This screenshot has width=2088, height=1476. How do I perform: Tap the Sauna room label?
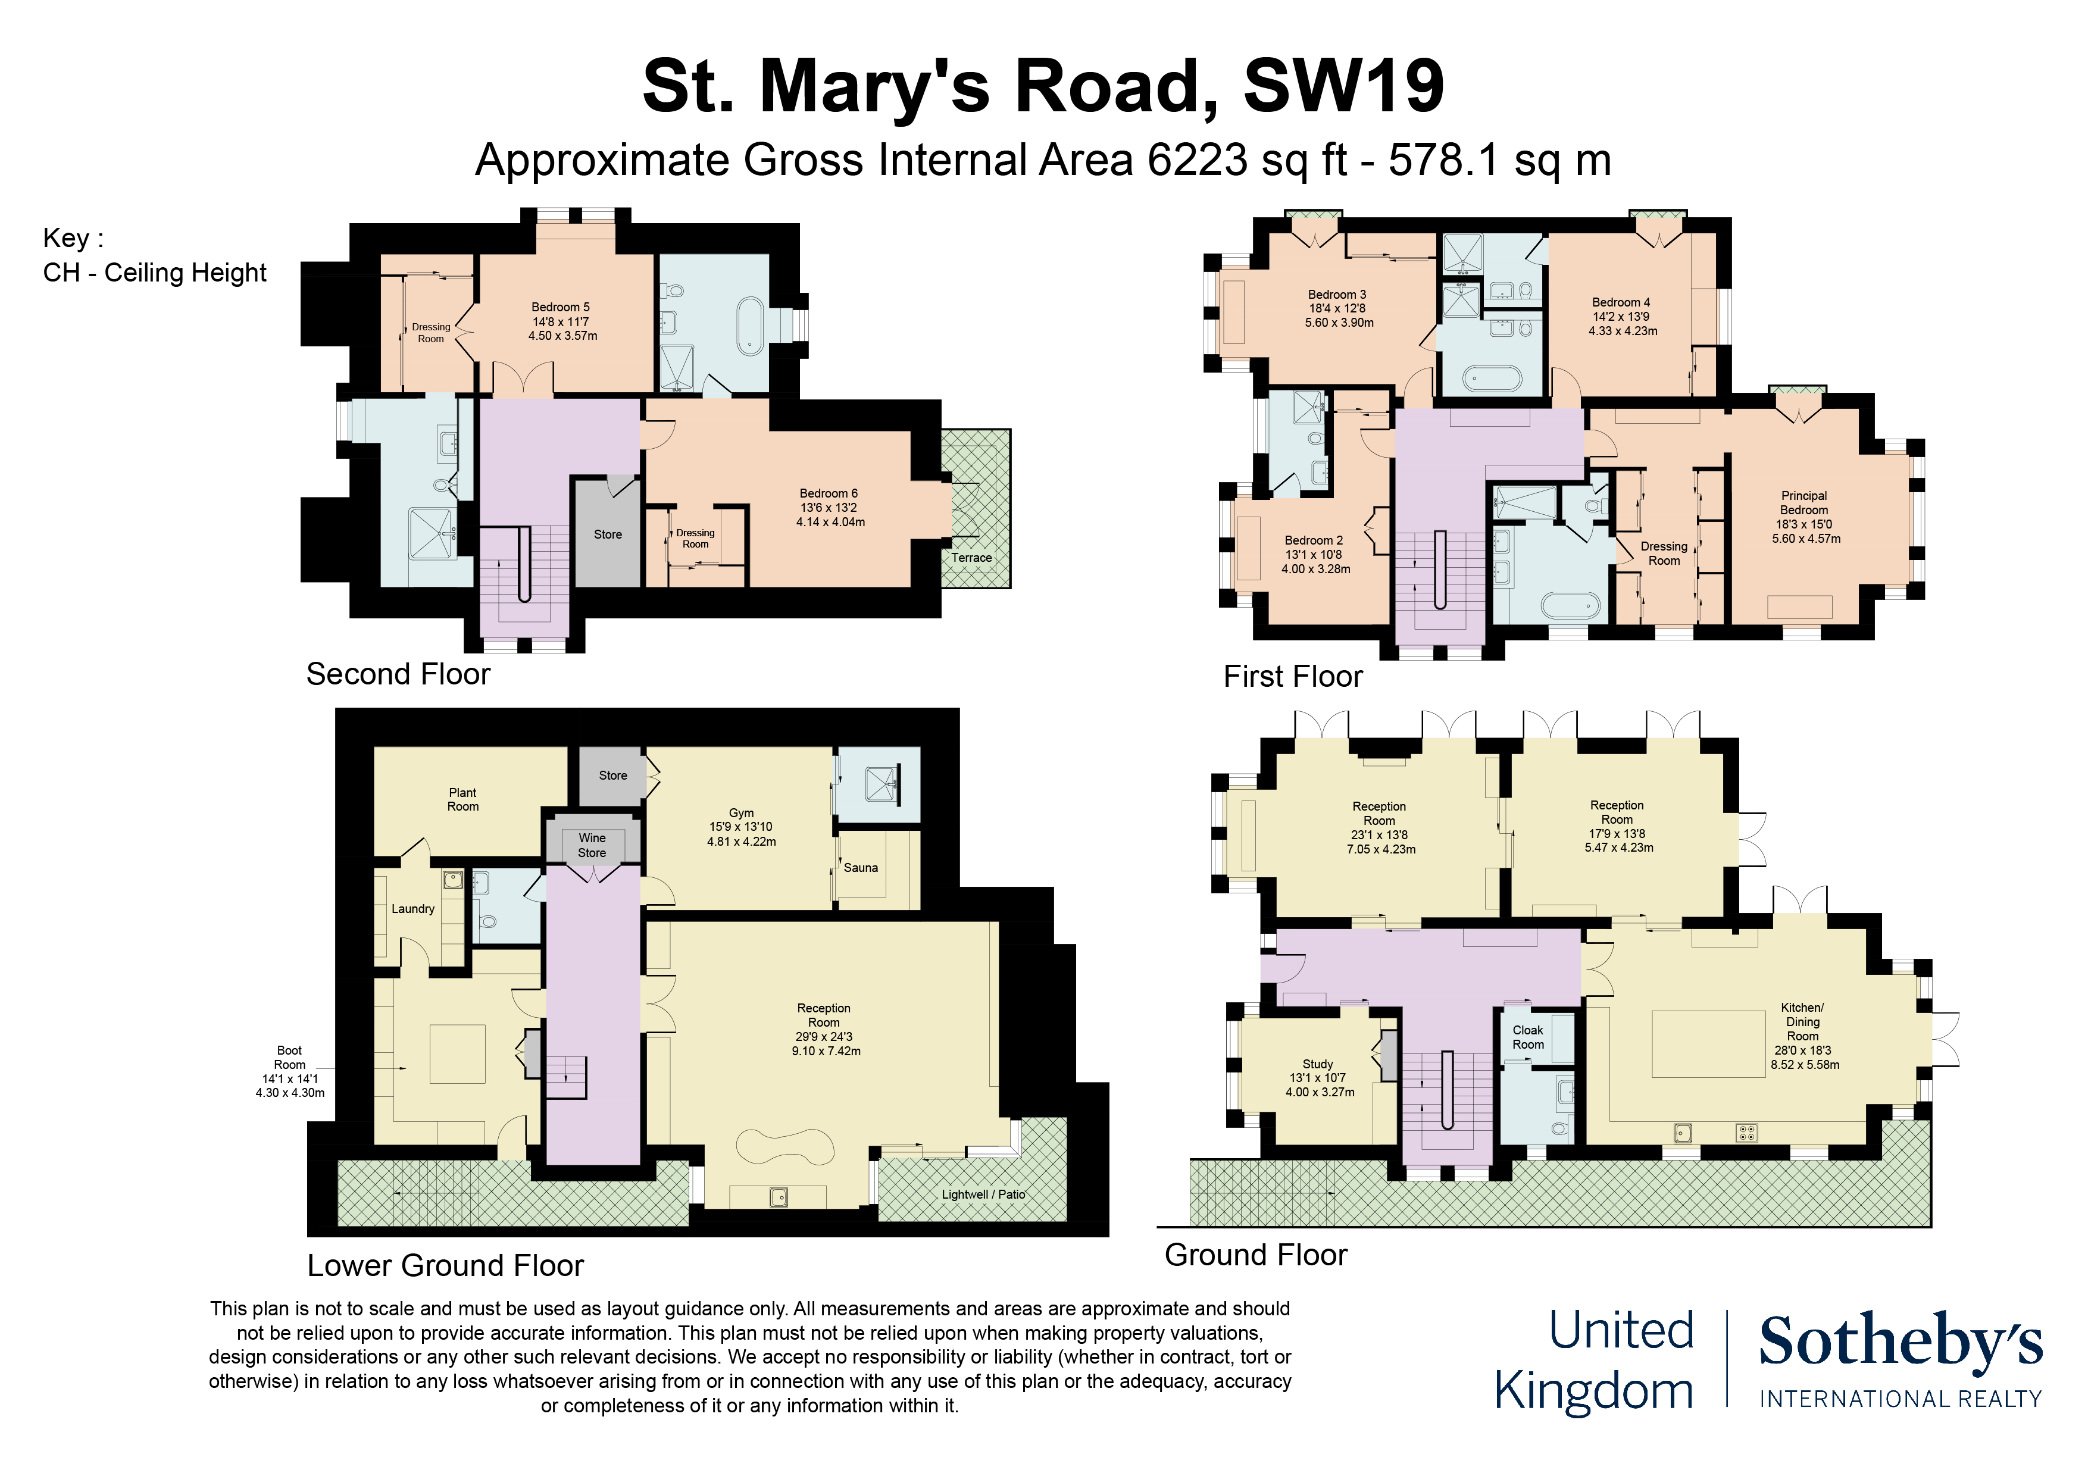tap(860, 868)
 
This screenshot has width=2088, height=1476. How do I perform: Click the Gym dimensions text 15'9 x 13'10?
tap(740, 827)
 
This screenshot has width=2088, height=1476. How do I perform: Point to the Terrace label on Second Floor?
tap(971, 558)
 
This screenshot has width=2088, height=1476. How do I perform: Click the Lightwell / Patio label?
tap(983, 1194)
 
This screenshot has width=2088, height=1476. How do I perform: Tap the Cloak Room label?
tap(1528, 1037)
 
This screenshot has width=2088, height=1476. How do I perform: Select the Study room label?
tap(1318, 1064)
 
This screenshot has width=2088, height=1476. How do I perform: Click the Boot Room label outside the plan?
tap(289, 1057)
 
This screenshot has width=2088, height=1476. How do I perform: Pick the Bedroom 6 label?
tap(829, 493)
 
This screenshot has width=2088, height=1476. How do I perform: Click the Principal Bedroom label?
tap(1804, 503)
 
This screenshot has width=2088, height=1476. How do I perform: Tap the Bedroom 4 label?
tap(1621, 302)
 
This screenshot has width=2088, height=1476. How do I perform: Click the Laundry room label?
tap(413, 909)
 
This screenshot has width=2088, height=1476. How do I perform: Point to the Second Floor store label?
tap(608, 534)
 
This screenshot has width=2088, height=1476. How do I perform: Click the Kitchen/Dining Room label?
tap(1802, 1021)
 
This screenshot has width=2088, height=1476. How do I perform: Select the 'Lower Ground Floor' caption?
tap(445, 1265)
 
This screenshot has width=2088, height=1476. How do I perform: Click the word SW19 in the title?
tap(1343, 86)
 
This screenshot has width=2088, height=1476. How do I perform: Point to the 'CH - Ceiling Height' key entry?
tap(155, 273)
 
